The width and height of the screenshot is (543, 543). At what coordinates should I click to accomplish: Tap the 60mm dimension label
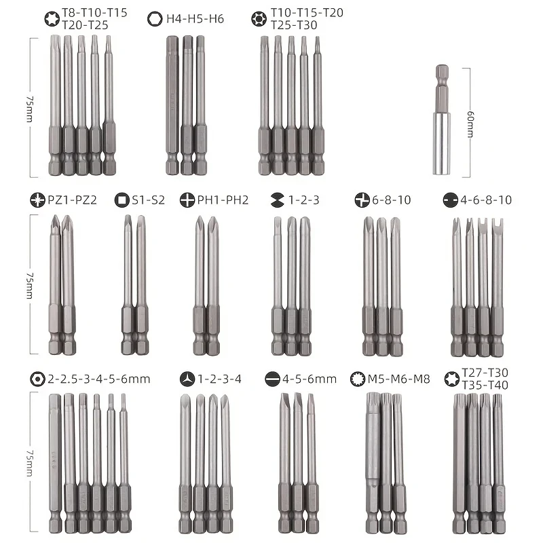coord(470,124)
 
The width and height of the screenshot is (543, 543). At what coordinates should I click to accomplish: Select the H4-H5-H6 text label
coord(195,19)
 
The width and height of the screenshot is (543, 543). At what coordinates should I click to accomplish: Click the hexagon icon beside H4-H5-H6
coord(155,19)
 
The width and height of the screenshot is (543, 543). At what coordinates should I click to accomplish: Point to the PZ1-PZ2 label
coord(72,200)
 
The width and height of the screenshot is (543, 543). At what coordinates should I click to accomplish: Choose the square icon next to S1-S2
coord(122,200)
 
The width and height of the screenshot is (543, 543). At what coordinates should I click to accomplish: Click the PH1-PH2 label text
coord(223,200)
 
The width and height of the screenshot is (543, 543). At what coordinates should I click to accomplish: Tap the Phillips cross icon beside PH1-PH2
coord(187,200)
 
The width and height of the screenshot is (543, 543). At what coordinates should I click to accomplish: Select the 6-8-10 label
coord(392,200)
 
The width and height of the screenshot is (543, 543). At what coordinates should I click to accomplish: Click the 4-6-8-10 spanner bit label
coord(486,200)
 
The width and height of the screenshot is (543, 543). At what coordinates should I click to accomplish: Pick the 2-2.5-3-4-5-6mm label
coord(99,379)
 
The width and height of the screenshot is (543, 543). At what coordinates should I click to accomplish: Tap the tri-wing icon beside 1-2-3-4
coord(187,379)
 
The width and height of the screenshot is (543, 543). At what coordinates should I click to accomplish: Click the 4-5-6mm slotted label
coord(310,379)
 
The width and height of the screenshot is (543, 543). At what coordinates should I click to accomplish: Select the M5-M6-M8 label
coord(398,379)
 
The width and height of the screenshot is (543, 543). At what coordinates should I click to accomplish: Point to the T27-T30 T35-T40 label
coord(485,379)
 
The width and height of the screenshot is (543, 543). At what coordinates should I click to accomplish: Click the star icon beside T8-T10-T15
coord(52,19)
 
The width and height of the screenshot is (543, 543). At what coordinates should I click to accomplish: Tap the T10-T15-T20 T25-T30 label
coord(307,19)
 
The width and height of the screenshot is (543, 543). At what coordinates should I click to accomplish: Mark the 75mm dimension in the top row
coord(30,109)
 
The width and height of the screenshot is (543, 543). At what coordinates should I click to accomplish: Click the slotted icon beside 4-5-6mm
coord(272,379)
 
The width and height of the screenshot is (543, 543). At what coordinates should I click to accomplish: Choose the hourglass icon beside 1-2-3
coord(277,200)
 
